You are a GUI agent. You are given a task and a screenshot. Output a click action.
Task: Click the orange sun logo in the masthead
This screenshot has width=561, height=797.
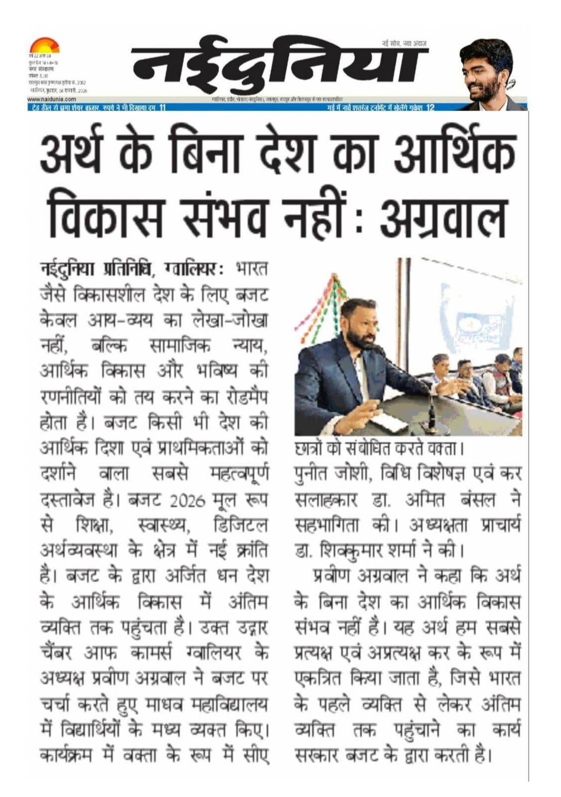click(x=44, y=46)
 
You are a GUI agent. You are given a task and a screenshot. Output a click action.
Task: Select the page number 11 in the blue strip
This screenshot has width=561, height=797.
click(x=161, y=108)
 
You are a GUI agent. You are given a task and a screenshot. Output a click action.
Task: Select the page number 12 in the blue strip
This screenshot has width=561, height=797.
click(x=430, y=108)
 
